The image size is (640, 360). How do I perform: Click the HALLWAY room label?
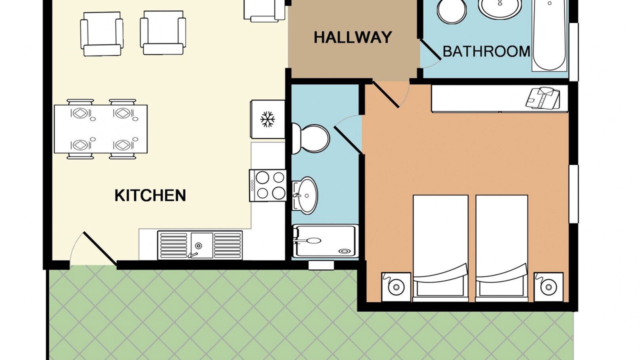(x=352, y=37)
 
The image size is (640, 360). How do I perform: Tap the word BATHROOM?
(x=486, y=51)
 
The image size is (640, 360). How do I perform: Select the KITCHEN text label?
(x=150, y=195)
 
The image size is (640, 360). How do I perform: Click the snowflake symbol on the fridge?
(x=267, y=119)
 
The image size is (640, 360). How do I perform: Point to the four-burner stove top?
(x=268, y=185)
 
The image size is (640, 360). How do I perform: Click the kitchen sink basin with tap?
(x=201, y=245)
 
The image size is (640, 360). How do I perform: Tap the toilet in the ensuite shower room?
(x=310, y=139)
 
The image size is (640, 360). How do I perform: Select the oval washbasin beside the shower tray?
(x=304, y=195)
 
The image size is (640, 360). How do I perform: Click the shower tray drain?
(x=344, y=251)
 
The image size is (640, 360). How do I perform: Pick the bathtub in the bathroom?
(x=549, y=34)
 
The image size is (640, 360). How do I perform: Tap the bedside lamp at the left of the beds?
(x=396, y=286)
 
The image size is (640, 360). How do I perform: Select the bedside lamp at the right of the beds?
(x=548, y=286)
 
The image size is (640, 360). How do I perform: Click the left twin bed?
(x=440, y=248)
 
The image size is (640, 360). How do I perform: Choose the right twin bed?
(x=501, y=248)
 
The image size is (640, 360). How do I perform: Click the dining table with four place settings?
(x=101, y=129)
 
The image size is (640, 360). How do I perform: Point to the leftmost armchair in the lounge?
(x=102, y=33)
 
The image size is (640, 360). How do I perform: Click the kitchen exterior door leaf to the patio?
(x=99, y=248)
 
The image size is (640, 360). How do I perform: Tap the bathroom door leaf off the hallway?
(x=430, y=49)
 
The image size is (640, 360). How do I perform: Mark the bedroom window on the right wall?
(x=573, y=194)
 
